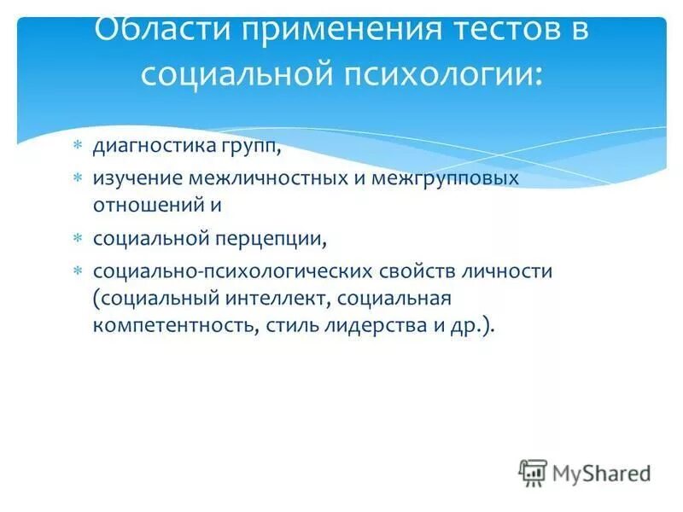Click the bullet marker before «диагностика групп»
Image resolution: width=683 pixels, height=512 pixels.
point(76,146)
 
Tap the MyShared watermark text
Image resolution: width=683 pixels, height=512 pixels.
point(602,472)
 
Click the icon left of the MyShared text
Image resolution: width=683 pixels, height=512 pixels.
point(533,472)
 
